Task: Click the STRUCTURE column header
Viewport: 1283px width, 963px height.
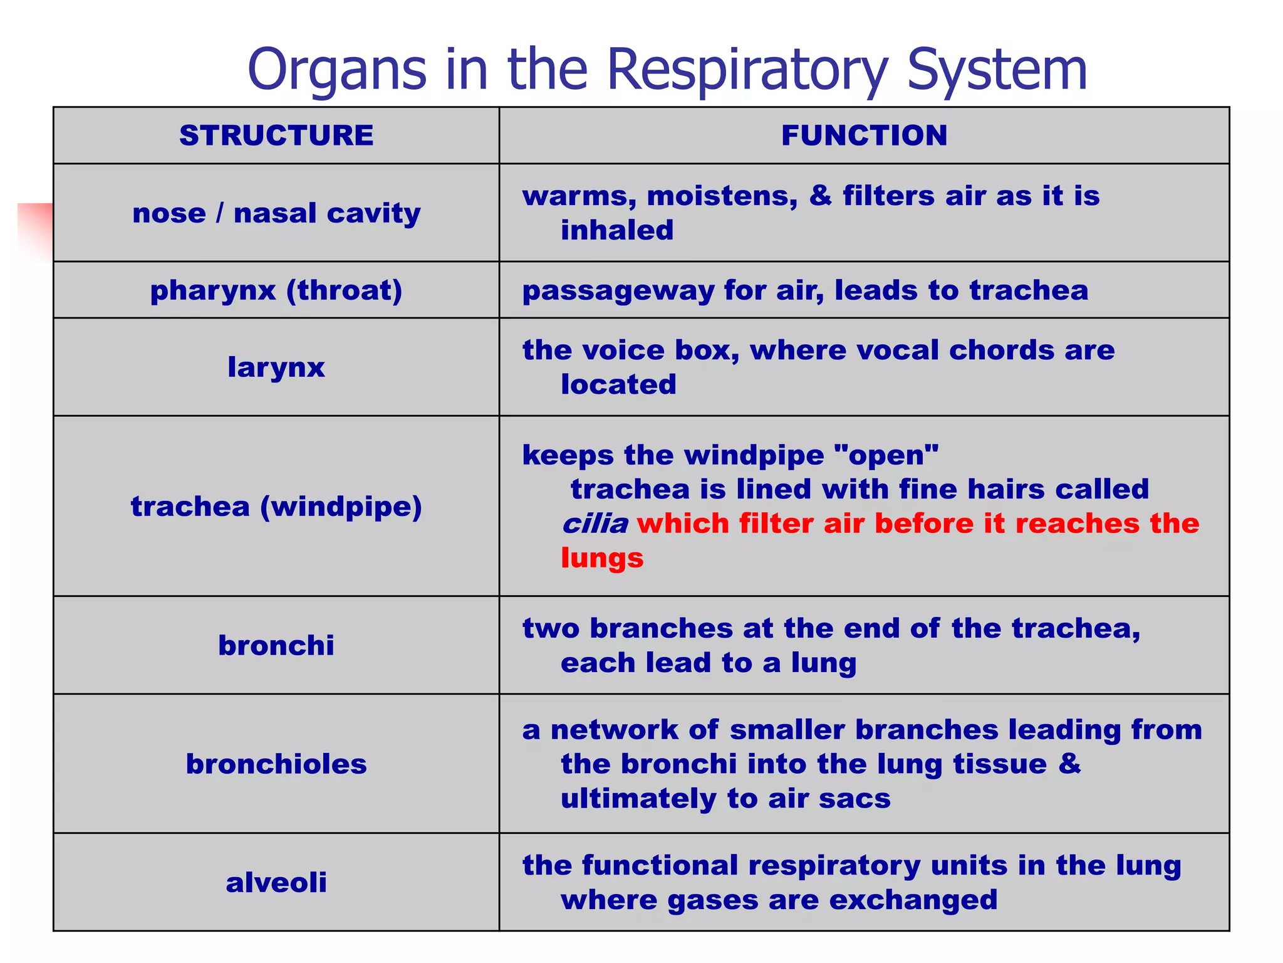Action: pos(276,135)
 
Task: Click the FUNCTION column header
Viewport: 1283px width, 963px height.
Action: pos(864,135)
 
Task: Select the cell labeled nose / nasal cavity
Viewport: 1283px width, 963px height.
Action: pos(276,213)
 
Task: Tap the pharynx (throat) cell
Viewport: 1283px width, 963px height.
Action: pos(276,290)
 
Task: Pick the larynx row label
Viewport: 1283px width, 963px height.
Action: pos(276,367)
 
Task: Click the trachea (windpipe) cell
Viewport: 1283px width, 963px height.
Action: pos(276,506)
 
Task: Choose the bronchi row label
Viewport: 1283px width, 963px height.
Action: pos(276,645)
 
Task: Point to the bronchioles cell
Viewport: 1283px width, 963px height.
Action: pos(276,764)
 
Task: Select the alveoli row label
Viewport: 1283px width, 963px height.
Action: pos(276,882)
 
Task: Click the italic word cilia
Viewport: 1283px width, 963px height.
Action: pos(595,524)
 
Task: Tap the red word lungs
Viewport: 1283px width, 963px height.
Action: pos(602,557)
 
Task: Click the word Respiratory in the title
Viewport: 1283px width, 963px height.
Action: pos(748,70)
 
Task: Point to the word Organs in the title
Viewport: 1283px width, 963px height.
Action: pos(337,70)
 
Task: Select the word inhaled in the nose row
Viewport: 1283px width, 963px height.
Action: pos(617,230)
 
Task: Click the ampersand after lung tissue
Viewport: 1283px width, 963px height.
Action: pos(1070,764)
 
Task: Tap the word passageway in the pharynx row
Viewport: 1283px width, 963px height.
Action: pos(618,291)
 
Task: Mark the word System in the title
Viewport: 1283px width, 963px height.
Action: pos(997,70)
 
